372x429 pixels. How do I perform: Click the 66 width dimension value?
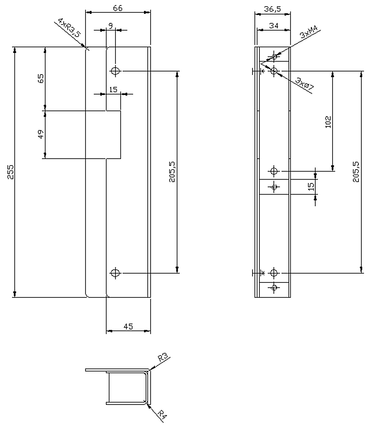(117, 8)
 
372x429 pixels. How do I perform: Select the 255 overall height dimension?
(10, 172)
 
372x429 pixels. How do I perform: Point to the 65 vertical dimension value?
(41, 79)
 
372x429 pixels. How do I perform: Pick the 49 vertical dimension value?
(41, 134)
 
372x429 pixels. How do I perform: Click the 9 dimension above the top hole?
(111, 26)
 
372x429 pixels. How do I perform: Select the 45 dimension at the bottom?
(128, 327)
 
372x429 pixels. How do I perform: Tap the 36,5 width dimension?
(272, 9)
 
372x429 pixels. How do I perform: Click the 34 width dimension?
(274, 26)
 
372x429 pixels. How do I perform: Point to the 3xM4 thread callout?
(309, 32)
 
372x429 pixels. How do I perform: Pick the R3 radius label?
(163, 358)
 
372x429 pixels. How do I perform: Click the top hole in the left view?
(115, 71)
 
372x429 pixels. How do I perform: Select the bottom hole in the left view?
(115, 273)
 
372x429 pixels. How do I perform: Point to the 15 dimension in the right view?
(311, 187)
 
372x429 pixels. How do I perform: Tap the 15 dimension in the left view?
(113, 90)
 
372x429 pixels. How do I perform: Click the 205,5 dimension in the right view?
(356, 172)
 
